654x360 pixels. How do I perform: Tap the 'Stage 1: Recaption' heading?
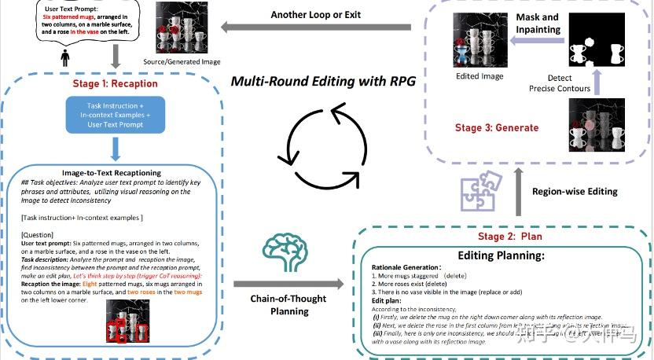tap(116, 83)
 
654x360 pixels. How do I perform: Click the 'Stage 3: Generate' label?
tap(497, 127)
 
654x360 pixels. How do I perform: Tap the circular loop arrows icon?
tap(323, 145)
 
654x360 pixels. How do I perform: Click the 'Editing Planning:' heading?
tap(502, 255)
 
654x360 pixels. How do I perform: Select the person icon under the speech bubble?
tap(65, 58)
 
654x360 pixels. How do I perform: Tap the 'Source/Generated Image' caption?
tap(182, 61)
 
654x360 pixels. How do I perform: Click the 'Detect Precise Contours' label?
tap(560, 84)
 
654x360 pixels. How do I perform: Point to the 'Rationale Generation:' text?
tap(411, 268)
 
